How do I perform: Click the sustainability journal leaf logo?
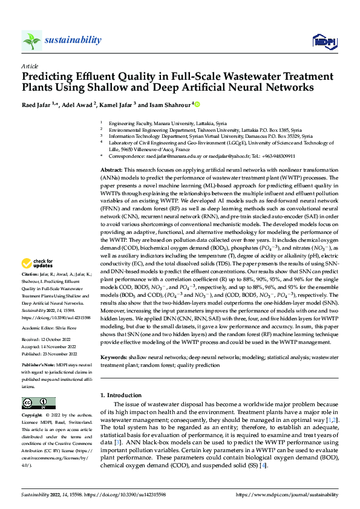32,41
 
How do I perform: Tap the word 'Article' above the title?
30,66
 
